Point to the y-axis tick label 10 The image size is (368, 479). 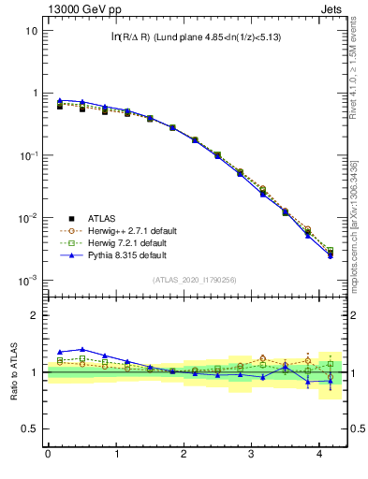[x=31, y=31]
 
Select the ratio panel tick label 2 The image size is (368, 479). [x=34, y=315]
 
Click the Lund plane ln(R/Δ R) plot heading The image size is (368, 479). [x=197, y=36]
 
